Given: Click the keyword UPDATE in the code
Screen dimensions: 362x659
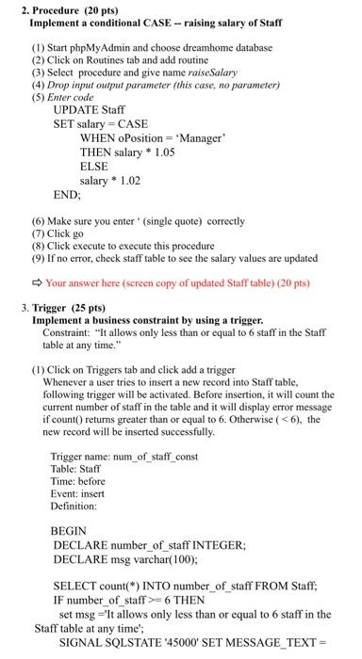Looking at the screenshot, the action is tap(76, 109).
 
